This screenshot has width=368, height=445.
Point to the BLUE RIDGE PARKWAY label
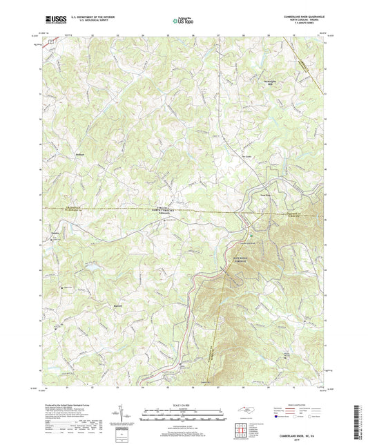pos(229,261)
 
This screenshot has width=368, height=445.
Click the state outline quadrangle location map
pos(250,410)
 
